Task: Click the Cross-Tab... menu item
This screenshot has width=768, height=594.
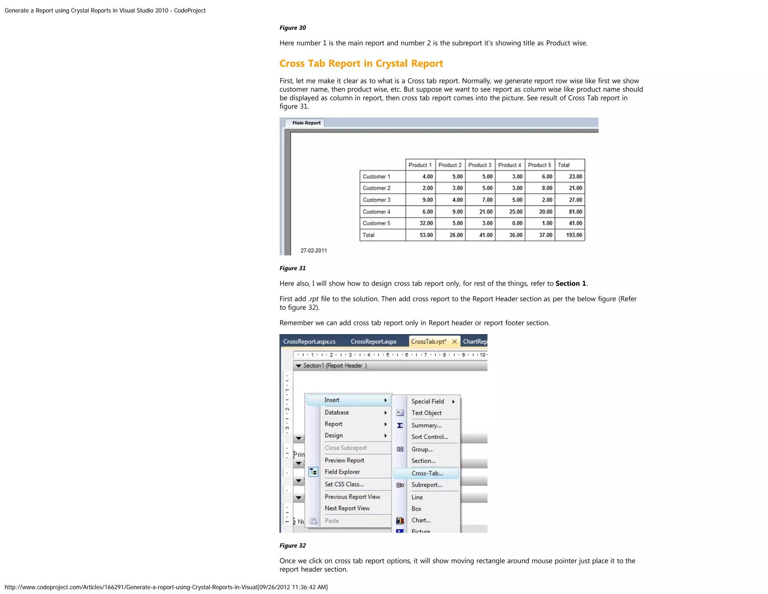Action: (x=427, y=473)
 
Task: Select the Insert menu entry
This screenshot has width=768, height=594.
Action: (x=332, y=400)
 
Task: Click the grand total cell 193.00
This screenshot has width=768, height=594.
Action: (x=574, y=235)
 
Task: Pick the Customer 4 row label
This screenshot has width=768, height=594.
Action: (x=376, y=212)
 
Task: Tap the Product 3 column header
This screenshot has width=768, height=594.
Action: (x=480, y=165)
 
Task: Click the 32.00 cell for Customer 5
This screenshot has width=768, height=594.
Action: (x=426, y=223)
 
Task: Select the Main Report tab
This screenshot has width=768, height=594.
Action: (x=306, y=123)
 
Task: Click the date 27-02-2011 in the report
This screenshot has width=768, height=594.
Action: (x=313, y=250)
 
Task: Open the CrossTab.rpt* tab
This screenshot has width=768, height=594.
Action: (x=428, y=341)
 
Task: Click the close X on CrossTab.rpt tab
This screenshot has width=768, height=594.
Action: (x=454, y=341)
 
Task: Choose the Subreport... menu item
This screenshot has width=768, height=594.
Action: (x=426, y=485)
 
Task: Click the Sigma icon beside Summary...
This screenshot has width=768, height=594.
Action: (x=400, y=425)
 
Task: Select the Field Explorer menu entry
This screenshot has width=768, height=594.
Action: (x=342, y=472)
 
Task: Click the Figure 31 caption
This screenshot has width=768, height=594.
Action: (x=292, y=268)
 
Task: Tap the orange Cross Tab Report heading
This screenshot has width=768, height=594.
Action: (x=361, y=63)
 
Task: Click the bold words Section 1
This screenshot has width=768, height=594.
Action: (x=570, y=283)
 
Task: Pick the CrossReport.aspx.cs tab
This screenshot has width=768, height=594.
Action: (x=309, y=341)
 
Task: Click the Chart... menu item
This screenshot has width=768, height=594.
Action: (x=421, y=520)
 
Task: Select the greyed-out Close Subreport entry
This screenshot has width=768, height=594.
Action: (x=345, y=448)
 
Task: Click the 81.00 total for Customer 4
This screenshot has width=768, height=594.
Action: (x=575, y=212)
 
